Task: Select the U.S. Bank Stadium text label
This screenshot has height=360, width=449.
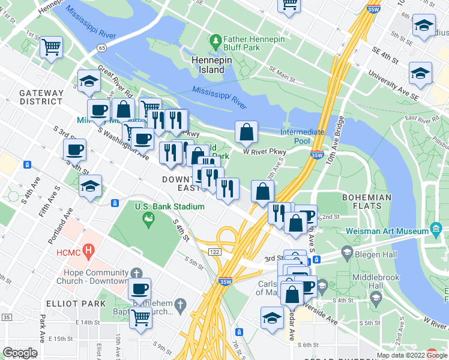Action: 169,206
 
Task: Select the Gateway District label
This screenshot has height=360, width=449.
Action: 41,97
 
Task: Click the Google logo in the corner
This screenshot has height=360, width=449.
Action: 20,352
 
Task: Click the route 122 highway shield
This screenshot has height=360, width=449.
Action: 214,252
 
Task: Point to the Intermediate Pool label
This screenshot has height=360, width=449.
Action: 302,136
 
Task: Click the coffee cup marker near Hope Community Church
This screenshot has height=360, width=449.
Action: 139,289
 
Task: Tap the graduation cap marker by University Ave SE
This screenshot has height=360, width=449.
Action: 420,73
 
